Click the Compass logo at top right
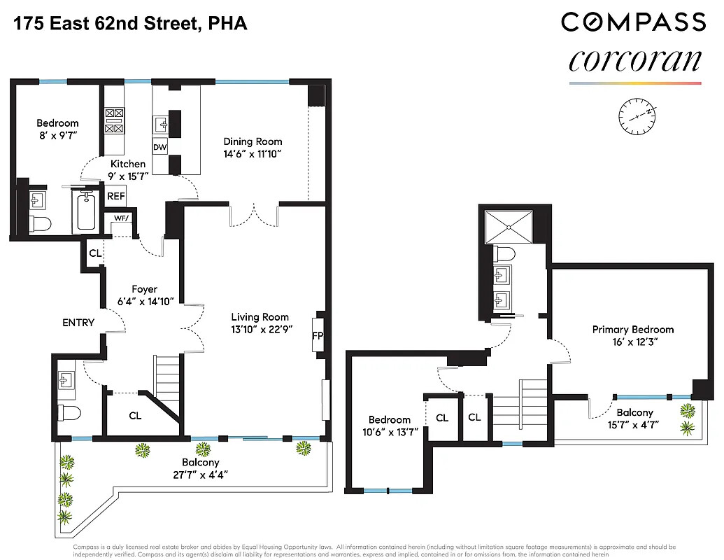click(633, 22)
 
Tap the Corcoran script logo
click(634, 60)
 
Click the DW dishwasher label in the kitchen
click(159, 147)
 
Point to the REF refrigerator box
click(115, 197)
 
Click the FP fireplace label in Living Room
click(318, 335)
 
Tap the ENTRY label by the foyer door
click(78, 322)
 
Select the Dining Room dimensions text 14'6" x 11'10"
click(253, 154)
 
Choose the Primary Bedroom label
click(632, 329)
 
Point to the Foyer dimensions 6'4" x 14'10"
click(145, 302)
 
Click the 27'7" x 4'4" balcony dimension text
click(201, 475)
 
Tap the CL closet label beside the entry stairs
click(135, 416)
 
